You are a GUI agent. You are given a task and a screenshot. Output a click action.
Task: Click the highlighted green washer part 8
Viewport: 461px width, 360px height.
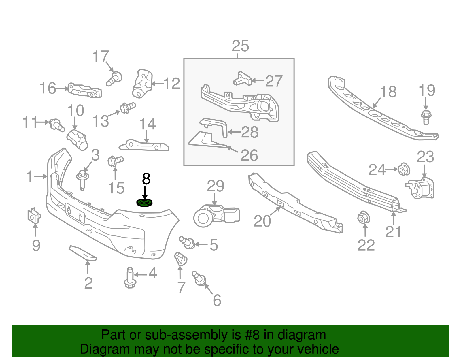[144, 203]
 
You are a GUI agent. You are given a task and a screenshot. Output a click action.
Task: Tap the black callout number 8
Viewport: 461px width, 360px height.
[146, 179]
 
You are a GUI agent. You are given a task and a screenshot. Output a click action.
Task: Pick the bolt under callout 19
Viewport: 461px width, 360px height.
[426, 117]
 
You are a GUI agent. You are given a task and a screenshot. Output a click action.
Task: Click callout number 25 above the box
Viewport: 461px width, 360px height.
[240, 46]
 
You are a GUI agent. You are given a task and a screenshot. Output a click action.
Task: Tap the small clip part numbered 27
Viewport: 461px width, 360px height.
[242, 79]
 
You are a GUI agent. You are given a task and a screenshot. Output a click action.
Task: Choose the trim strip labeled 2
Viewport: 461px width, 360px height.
[83, 253]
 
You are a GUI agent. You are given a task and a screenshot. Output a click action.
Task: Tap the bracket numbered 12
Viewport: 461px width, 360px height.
[142, 84]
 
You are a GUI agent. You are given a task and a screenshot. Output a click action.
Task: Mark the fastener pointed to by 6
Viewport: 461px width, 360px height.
[199, 278]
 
